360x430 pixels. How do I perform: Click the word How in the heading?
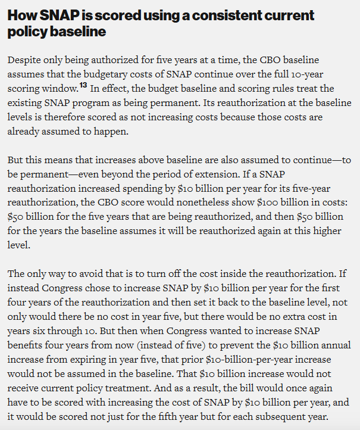(x=21, y=15)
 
